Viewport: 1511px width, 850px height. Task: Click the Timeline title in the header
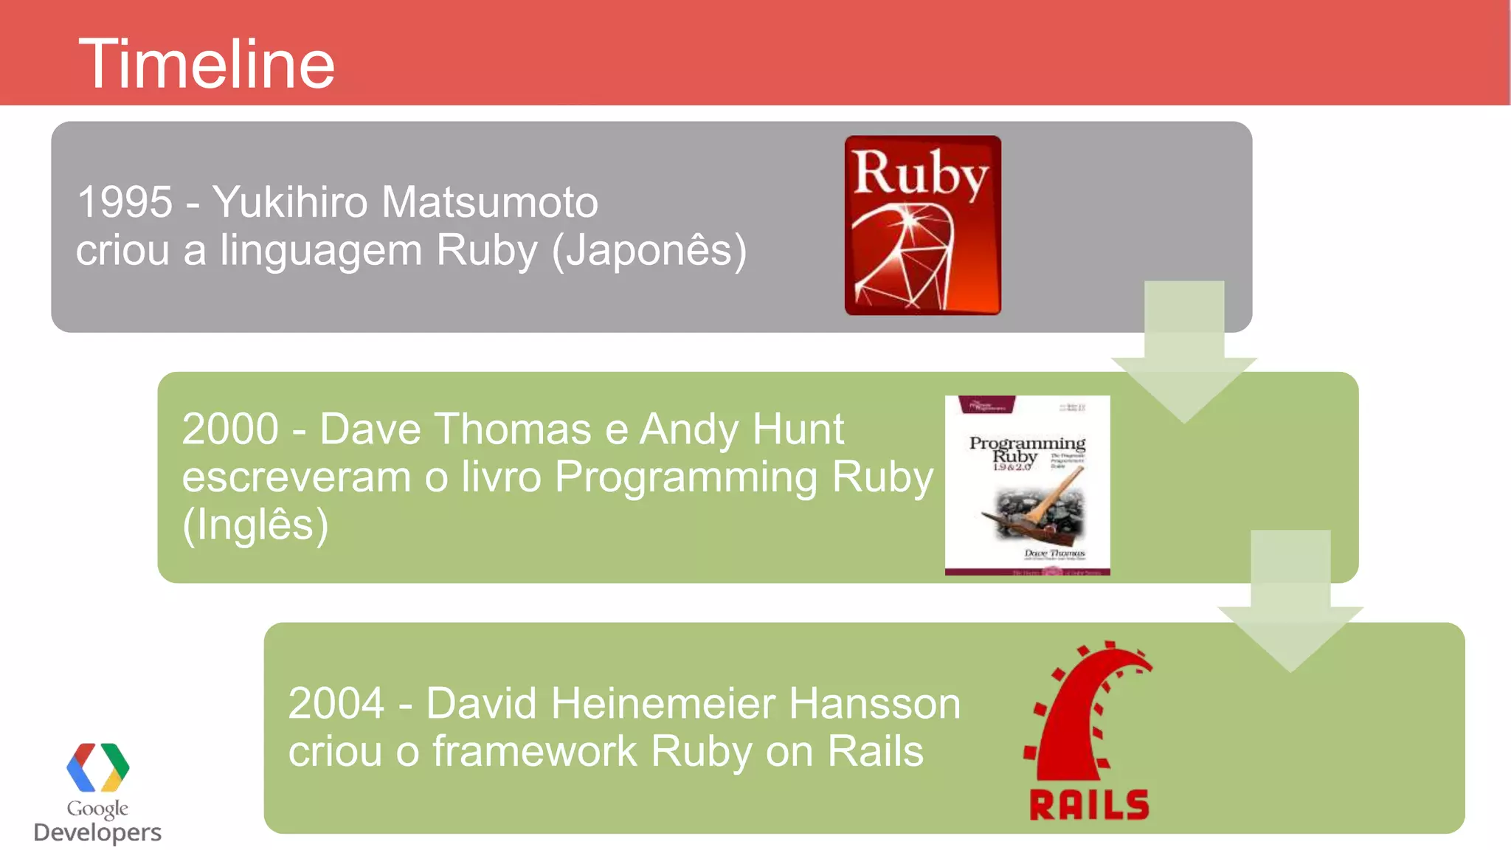[x=207, y=65]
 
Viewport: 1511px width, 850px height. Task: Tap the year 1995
[x=125, y=202]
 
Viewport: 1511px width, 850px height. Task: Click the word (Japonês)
[x=649, y=251]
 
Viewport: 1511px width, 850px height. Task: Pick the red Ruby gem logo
[x=922, y=225]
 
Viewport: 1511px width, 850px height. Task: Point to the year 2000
[x=230, y=429]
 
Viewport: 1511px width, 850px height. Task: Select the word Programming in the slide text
[x=685, y=477]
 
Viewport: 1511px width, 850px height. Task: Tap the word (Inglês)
[x=255, y=525]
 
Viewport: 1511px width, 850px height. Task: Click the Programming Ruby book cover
[x=1027, y=485]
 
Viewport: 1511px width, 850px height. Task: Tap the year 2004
[x=336, y=703]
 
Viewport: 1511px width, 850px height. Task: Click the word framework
[x=535, y=751]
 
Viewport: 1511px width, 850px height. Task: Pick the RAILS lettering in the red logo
[x=1089, y=804]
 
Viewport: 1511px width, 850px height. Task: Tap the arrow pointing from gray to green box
[x=1184, y=354]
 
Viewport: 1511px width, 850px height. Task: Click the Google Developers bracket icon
[x=97, y=767]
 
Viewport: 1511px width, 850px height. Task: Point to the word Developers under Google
[x=97, y=832]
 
